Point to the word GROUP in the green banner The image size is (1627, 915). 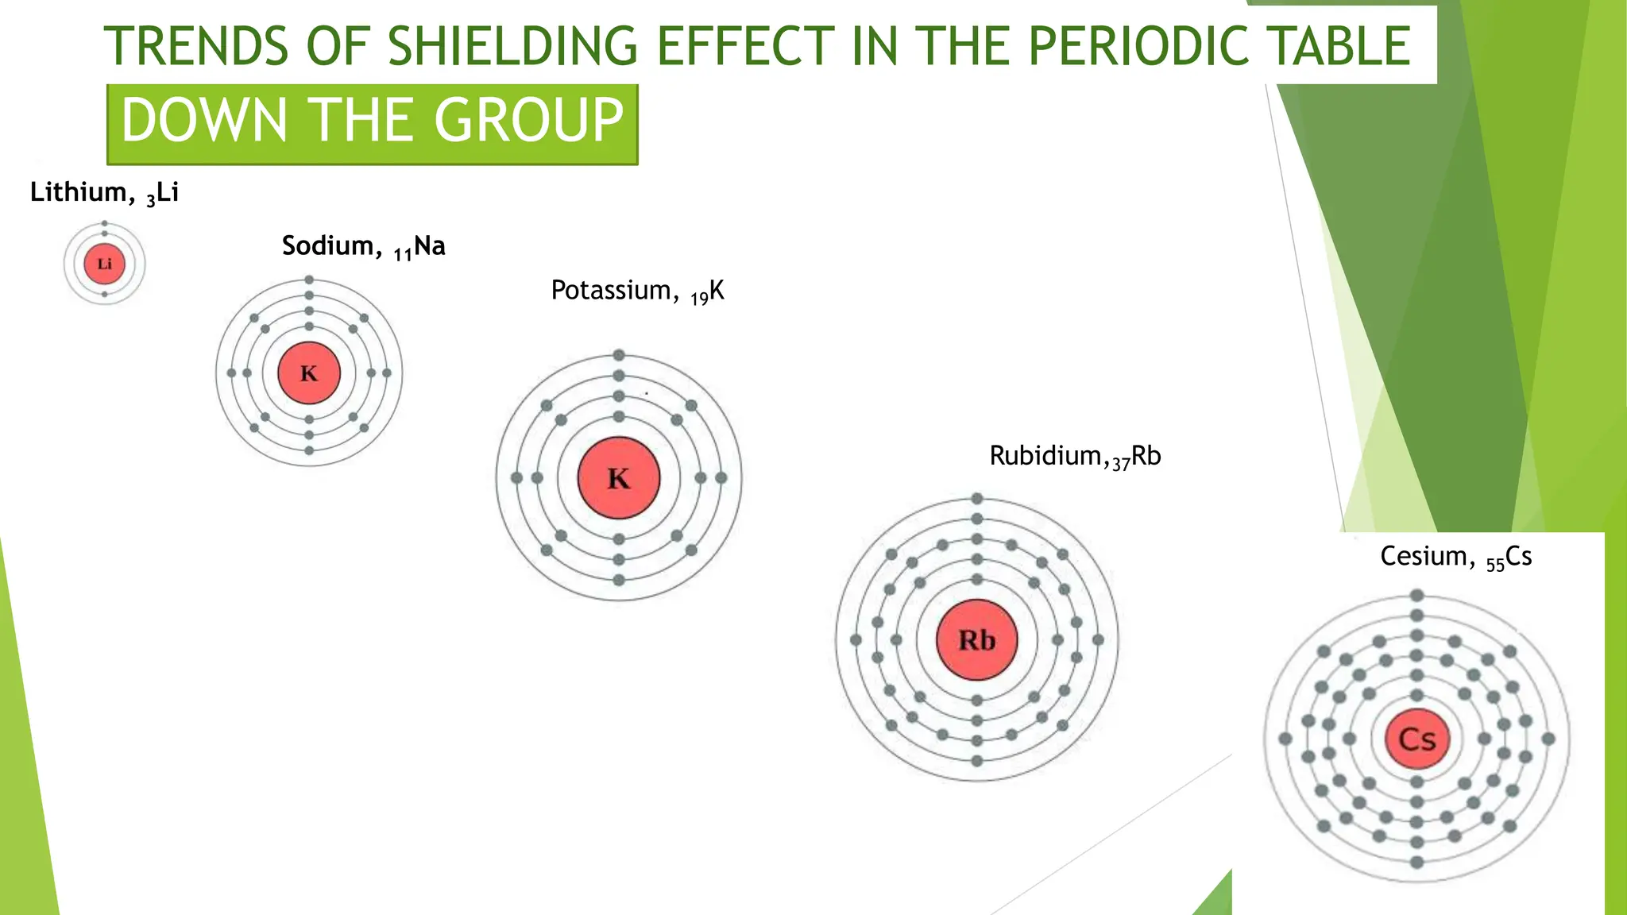(528, 121)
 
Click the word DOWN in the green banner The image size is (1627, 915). (204, 121)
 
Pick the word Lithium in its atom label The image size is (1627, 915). (79, 192)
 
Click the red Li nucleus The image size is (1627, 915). (105, 264)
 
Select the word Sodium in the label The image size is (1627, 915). (327, 245)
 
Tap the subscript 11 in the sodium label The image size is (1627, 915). (403, 255)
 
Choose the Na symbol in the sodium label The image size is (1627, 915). (430, 245)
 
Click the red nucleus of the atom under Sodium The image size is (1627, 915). (309, 373)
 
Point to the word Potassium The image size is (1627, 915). (611, 290)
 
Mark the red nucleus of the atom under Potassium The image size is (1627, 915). (619, 477)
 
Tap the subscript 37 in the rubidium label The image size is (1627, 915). (1121, 464)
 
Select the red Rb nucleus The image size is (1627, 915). (977, 639)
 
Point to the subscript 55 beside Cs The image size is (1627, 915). (1495, 566)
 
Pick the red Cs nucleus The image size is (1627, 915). (1417, 739)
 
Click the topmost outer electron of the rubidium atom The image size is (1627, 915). (977, 499)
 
